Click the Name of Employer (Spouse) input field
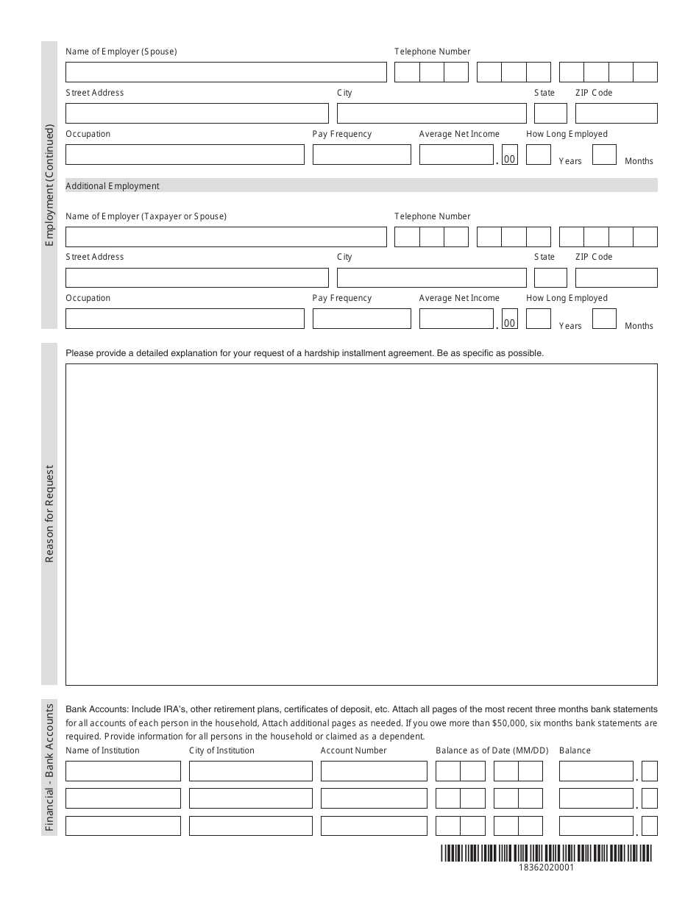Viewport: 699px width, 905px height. tap(226, 72)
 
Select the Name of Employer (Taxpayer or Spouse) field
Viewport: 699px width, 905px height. tap(226, 237)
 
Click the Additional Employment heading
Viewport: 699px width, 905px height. tap(113, 186)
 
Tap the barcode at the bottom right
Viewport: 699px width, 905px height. tap(546, 853)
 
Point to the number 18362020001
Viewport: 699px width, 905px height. tap(546, 867)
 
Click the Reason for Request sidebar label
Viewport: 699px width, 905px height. tap(49, 514)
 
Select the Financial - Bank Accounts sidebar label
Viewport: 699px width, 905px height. tap(49, 767)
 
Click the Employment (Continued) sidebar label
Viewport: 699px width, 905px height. tap(49, 185)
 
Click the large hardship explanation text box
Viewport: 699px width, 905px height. tap(361, 524)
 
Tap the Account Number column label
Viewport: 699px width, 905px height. tap(353, 750)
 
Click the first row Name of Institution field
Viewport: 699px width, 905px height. tap(123, 771)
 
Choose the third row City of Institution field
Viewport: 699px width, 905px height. tap(250, 826)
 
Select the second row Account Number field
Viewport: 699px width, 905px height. tap(374, 798)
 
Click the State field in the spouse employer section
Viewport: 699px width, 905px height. tap(550, 113)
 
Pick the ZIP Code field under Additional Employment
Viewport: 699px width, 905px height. tap(616, 277)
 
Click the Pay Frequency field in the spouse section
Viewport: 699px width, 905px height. tap(361, 155)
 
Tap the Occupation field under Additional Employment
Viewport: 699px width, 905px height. tap(185, 319)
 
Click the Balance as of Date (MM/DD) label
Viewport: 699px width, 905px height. tap(492, 750)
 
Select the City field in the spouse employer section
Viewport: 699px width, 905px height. tap(431, 113)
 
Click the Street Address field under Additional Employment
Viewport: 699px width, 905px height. tap(196, 277)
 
